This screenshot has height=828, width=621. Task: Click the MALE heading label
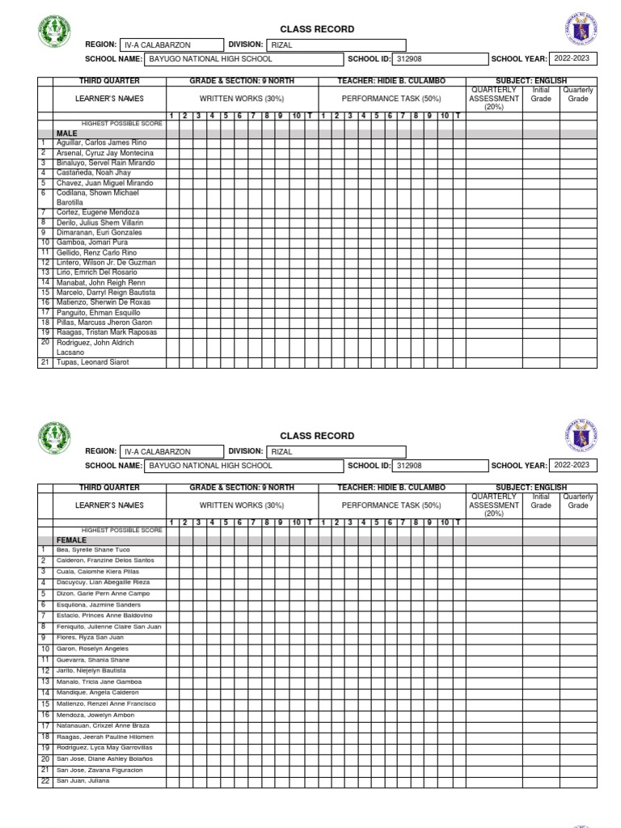pyautogui.click(x=66, y=133)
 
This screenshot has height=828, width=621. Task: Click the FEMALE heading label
pyautogui.click(x=71, y=539)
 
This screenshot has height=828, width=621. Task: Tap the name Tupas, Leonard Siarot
pyautogui.click(x=92, y=362)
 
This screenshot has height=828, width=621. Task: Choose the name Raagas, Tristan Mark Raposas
pyautogui.click(x=106, y=332)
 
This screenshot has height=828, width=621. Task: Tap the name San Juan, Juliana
pyautogui.click(x=82, y=782)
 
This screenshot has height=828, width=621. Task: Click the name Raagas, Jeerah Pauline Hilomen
pyautogui.click(x=104, y=737)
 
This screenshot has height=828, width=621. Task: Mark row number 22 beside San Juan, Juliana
pyautogui.click(x=45, y=782)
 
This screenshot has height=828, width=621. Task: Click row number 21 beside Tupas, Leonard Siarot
pyautogui.click(x=45, y=362)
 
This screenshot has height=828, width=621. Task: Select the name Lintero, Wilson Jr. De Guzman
pyautogui.click(x=106, y=263)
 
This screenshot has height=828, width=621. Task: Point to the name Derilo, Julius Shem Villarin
pyautogui.click(x=99, y=222)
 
